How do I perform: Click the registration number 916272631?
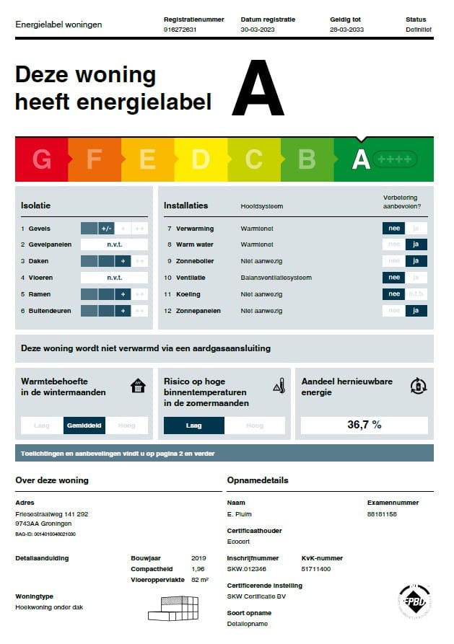[x=180, y=30]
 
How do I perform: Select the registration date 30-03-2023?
[x=258, y=30]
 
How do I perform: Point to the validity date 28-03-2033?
[x=346, y=30]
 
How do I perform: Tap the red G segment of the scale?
[x=42, y=159]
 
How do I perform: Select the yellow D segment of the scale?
[x=201, y=159]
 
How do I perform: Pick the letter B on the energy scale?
[x=307, y=159]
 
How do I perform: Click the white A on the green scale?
[x=361, y=159]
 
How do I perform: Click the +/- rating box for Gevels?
[x=106, y=229]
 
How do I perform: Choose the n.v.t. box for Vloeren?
[x=114, y=278]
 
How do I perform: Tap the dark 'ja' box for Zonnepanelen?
[x=416, y=311]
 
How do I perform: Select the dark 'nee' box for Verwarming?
[x=393, y=229]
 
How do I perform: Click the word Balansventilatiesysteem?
[x=276, y=278]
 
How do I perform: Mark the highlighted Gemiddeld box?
[x=84, y=425]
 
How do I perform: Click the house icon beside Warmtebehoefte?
[x=138, y=386]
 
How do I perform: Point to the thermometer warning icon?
[x=279, y=387]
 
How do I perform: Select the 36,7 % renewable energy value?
[x=364, y=425]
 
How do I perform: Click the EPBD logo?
[x=414, y=600]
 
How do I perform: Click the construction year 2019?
[x=198, y=558]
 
